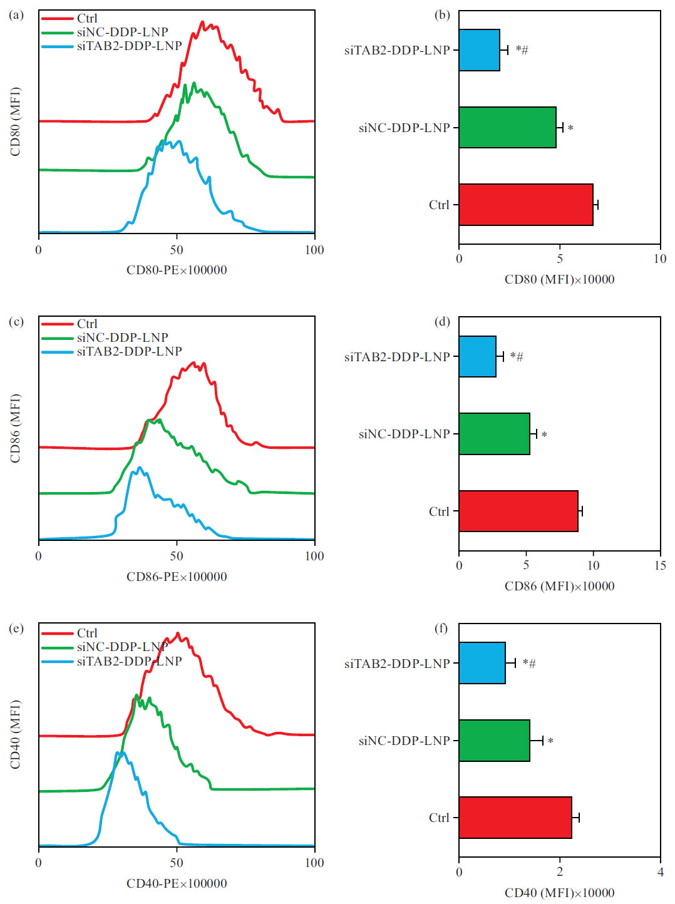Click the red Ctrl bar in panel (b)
[525, 205]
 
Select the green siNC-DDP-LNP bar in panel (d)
[494, 434]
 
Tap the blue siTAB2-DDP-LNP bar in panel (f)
[482, 663]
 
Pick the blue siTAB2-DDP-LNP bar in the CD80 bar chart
[479, 50]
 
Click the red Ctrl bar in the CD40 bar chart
[515, 818]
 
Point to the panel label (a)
[16, 14]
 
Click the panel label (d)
[442, 321]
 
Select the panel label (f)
[442, 628]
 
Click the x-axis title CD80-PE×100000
[177, 270]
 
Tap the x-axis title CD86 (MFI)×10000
[559, 586]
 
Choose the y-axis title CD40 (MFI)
[16, 734]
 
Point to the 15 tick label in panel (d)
[660, 565]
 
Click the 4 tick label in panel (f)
[660, 872]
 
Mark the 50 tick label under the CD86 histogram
[177, 556]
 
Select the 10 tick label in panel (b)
[660, 259]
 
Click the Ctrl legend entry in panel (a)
[87, 18]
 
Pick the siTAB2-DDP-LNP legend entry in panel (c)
[129, 351]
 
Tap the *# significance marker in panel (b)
[522, 50]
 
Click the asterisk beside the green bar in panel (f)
[550, 741]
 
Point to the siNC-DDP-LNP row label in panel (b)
[404, 128]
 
